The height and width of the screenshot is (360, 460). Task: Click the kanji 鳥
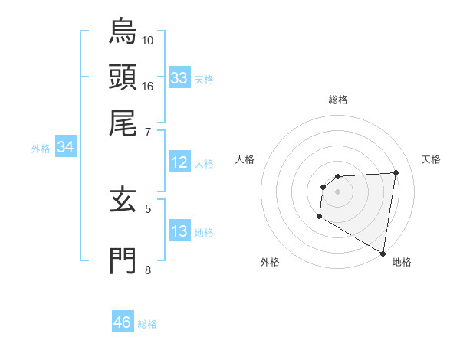click(x=123, y=32)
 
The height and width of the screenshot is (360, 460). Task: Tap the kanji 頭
click(x=123, y=77)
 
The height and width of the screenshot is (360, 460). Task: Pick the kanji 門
click(x=123, y=260)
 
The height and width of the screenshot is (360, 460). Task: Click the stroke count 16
click(x=148, y=86)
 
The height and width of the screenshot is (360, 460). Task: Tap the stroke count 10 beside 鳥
click(x=148, y=40)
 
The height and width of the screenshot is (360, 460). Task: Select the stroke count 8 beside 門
click(x=147, y=269)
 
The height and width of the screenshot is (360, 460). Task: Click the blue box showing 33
click(x=179, y=78)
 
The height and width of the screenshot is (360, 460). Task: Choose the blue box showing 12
click(x=179, y=162)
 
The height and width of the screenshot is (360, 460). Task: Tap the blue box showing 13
click(x=179, y=231)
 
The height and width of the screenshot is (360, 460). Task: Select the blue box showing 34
click(x=65, y=148)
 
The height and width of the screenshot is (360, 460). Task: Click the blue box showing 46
click(x=123, y=322)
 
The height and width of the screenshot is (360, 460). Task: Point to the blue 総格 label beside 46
click(x=147, y=324)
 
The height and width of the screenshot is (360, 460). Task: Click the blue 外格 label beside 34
click(x=41, y=149)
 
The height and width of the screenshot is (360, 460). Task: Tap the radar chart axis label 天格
click(x=431, y=159)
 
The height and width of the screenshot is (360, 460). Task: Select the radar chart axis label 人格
click(x=245, y=159)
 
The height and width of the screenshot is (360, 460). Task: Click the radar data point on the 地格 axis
click(x=383, y=253)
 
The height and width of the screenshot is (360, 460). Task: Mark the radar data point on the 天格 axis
click(x=396, y=172)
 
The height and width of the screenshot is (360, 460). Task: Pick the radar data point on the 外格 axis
click(x=319, y=217)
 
